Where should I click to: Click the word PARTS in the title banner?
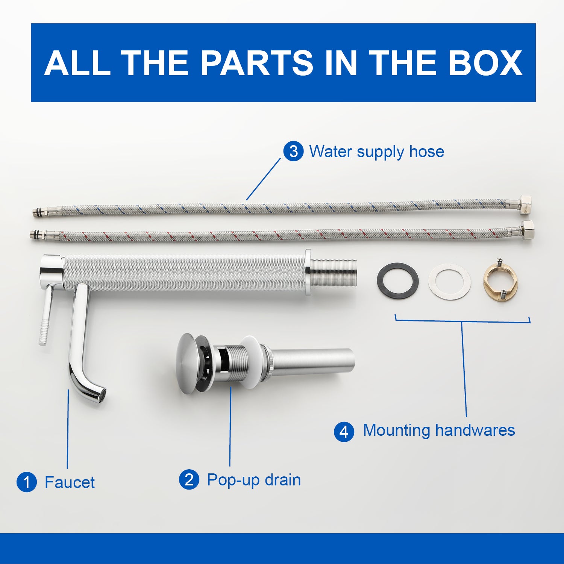click(257, 63)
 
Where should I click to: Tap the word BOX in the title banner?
click(485, 63)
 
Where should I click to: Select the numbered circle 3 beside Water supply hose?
click(293, 152)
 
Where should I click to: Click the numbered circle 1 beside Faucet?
click(27, 482)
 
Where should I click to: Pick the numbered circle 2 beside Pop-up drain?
click(189, 480)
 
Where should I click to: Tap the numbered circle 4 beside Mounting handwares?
click(344, 432)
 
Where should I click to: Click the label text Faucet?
click(70, 482)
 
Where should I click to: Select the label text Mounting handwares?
click(439, 431)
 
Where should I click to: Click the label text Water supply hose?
click(376, 152)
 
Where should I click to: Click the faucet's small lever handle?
click(46, 314)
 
